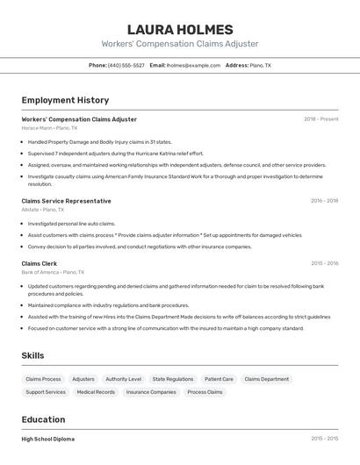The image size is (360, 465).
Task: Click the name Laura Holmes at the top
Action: (x=180, y=29)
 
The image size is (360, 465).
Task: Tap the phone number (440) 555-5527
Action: (x=126, y=65)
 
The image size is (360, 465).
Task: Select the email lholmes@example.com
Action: (x=193, y=65)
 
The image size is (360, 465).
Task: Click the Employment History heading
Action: (x=65, y=100)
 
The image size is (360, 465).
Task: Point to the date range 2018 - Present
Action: (x=320, y=119)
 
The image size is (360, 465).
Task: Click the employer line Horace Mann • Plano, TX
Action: (x=49, y=128)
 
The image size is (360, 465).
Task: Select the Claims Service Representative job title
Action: (x=66, y=201)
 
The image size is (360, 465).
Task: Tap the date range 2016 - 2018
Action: (x=324, y=201)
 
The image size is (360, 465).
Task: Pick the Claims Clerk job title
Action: (x=40, y=263)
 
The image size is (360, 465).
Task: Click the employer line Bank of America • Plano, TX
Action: (x=54, y=272)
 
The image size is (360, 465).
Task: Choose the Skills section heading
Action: (x=33, y=355)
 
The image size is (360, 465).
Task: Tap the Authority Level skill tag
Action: (x=123, y=379)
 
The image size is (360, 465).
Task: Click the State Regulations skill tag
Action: (x=173, y=379)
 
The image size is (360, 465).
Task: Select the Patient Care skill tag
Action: (x=219, y=379)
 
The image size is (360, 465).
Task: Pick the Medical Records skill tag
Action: (x=96, y=392)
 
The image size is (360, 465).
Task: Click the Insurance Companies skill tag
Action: (x=151, y=392)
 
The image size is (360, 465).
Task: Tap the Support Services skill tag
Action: (x=46, y=392)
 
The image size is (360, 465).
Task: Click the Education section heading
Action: (x=43, y=419)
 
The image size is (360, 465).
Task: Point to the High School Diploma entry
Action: (x=48, y=439)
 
